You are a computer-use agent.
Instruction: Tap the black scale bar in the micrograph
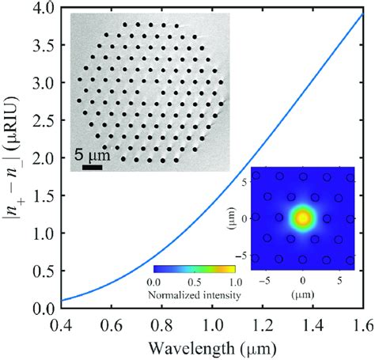coord(92,167)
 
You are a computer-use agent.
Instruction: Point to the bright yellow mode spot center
coord(302,218)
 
